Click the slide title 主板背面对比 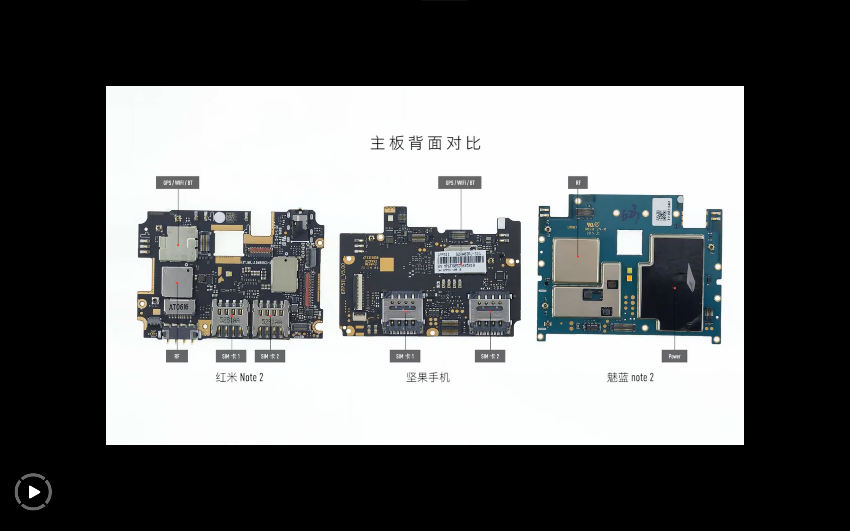point(425,143)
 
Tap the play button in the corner point(33,492)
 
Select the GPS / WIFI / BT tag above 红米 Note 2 point(177,183)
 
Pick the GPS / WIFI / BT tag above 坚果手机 point(460,183)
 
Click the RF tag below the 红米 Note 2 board point(177,356)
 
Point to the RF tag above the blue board point(578,183)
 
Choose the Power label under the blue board point(674,356)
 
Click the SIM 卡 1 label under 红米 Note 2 point(231,356)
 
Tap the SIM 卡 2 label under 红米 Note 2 point(270,356)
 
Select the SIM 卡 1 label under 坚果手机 point(405,356)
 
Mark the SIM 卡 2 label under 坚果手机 point(490,356)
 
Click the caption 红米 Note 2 point(239,378)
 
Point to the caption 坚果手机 point(428,378)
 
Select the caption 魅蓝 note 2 point(630,378)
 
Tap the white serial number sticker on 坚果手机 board point(461,262)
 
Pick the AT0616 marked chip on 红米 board point(179,307)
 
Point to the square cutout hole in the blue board point(630,242)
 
